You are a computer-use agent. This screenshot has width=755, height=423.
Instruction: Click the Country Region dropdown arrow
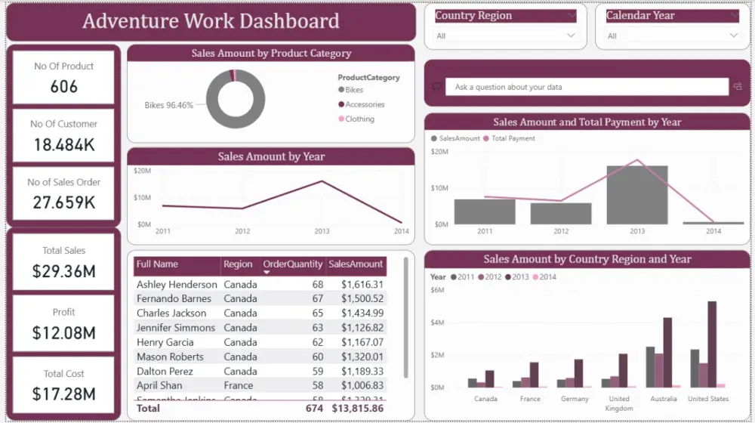[x=572, y=36]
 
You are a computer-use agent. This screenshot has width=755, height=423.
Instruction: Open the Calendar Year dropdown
[x=733, y=36]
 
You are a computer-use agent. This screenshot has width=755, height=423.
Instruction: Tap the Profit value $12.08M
[x=64, y=332]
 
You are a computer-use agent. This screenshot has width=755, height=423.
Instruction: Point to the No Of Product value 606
[x=64, y=86]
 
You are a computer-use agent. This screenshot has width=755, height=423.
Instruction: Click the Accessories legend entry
[x=365, y=104]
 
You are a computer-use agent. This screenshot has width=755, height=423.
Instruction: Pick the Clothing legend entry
[x=359, y=119]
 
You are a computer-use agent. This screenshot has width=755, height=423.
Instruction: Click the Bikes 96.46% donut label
[x=168, y=105]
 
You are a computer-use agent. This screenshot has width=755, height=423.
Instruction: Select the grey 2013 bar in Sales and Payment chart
[x=636, y=195]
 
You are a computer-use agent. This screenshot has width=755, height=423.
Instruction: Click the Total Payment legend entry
[x=513, y=138]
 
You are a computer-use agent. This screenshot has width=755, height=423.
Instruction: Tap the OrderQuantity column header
[x=293, y=264]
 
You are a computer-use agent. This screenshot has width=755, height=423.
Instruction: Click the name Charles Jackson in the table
[x=171, y=313]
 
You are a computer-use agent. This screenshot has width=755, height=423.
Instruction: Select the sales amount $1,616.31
[x=362, y=285]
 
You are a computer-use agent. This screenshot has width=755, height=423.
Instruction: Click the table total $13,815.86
[x=357, y=408]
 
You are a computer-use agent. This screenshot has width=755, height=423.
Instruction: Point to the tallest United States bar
[x=711, y=344]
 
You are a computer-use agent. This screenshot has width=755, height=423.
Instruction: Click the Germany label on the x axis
[x=575, y=399]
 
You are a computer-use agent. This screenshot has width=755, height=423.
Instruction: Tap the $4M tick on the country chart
[x=437, y=323]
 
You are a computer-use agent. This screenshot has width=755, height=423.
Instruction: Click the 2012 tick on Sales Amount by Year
[x=242, y=231]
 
